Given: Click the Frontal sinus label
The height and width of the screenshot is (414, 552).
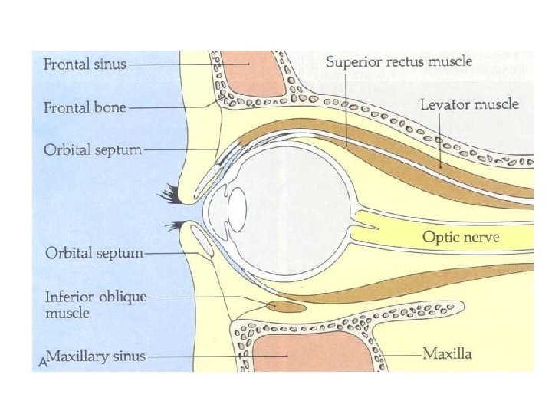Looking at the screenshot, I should pyautogui.click(x=84, y=65).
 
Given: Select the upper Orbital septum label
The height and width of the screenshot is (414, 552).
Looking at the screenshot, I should pyautogui.click(x=92, y=150).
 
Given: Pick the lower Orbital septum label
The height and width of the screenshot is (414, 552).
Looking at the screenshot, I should pyautogui.click(x=94, y=252).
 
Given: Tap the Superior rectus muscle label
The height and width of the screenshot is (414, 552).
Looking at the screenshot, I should pyautogui.click(x=399, y=61).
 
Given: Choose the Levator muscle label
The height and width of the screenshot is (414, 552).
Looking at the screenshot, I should pyautogui.click(x=469, y=104).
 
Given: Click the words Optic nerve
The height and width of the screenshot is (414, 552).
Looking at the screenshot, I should pyautogui.click(x=461, y=237).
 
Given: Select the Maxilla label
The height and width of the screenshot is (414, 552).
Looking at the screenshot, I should pyautogui.click(x=448, y=354).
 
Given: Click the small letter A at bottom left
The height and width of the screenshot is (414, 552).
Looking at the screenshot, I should pyautogui.click(x=43, y=360).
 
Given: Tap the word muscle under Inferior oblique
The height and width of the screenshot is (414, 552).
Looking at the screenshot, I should pyautogui.click(x=67, y=313).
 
